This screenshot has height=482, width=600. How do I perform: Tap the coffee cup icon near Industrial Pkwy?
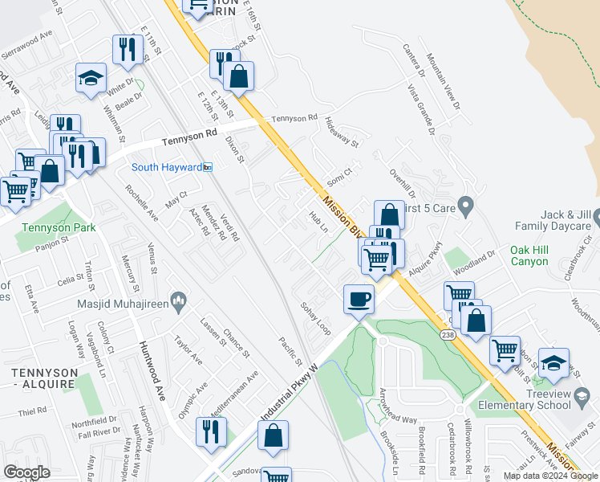pos(359,299)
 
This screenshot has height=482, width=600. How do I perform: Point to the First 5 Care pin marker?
pos(464,202)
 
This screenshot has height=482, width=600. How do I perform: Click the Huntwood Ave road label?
pos(148,363)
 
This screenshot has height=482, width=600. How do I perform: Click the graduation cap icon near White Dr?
pos(91,78)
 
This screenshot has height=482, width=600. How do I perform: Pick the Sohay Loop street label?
pos(315,318)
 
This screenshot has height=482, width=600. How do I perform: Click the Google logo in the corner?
pos(27,472)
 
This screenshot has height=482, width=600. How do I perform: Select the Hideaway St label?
pos(342,132)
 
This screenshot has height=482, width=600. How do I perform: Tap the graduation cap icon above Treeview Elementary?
pos(553,362)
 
